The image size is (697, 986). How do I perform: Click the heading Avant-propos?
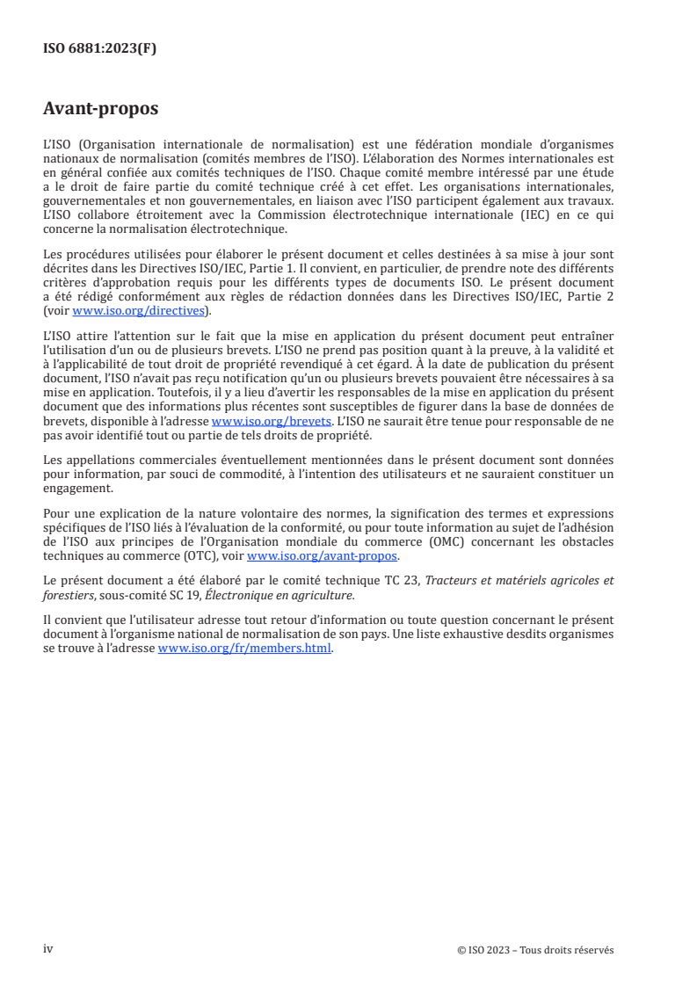click(x=100, y=109)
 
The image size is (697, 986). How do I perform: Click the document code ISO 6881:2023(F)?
click(x=99, y=49)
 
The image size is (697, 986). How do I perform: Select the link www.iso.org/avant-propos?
click(x=323, y=556)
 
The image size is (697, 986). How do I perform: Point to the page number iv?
click(x=48, y=949)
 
